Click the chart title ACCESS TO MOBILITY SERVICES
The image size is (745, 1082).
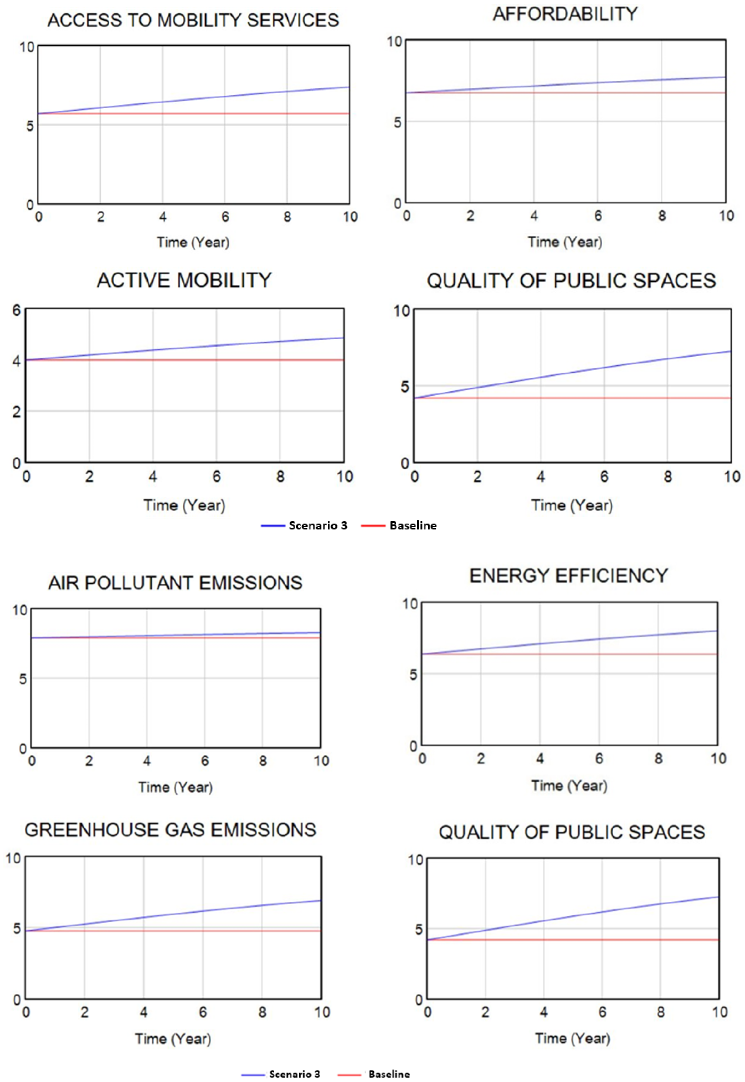click(193, 20)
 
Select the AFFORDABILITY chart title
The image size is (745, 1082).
click(565, 14)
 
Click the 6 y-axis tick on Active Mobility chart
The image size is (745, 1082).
click(17, 310)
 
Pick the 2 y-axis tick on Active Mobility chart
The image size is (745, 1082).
click(17, 412)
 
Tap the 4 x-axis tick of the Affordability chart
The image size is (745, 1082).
click(534, 216)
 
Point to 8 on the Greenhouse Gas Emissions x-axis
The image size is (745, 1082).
click(262, 1012)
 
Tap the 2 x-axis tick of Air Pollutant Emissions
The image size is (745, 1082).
click(89, 761)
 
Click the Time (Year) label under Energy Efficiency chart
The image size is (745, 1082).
click(569, 786)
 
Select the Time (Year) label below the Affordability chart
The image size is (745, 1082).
click(565, 242)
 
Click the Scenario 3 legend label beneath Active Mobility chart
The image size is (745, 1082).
click(318, 526)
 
